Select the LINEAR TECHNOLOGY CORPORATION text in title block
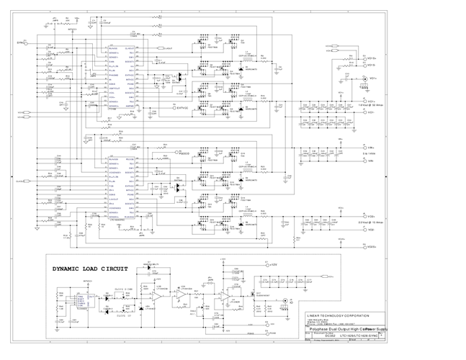tap(339, 315)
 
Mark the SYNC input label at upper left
tap(21, 42)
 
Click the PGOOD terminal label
tap(184, 153)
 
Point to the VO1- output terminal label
tap(372, 112)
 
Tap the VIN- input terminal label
tap(372, 161)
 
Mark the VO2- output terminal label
tap(372, 230)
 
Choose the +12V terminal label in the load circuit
tap(273, 265)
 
